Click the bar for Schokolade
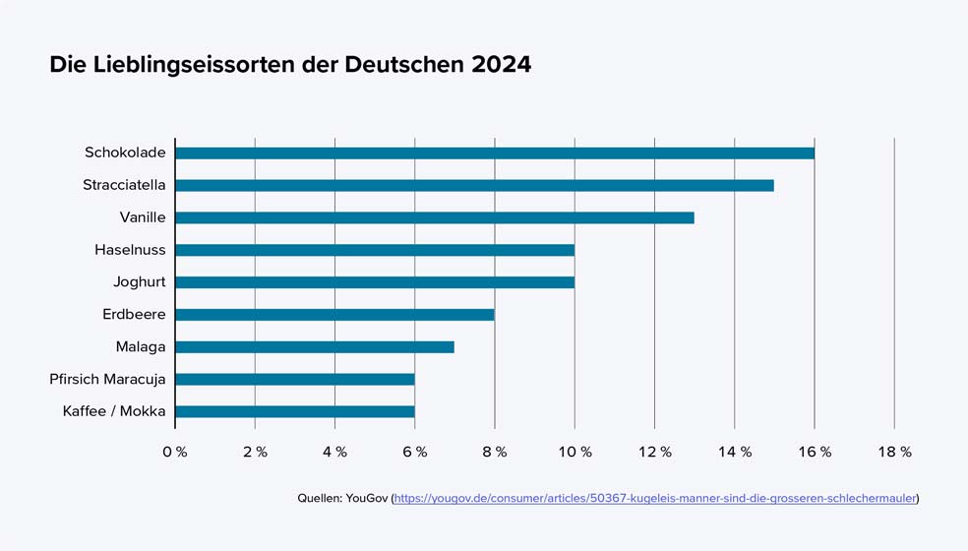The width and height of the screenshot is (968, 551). coord(495,153)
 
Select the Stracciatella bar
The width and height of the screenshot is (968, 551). coord(474,185)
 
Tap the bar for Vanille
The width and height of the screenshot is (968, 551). coord(435,217)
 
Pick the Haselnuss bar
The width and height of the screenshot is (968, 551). coord(375,250)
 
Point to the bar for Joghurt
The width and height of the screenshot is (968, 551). coord(375,282)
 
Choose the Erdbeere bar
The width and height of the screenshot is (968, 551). coord(334,315)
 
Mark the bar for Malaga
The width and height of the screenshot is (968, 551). coord(315,347)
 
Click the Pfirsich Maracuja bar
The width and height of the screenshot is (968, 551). coord(295,379)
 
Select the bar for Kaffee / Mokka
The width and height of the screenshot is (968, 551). coord(295,411)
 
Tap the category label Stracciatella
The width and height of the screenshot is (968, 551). coord(124,185)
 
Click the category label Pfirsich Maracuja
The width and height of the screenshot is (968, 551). coord(107,379)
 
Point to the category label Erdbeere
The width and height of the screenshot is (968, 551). coord(134,315)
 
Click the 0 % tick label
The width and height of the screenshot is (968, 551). coord(175,452)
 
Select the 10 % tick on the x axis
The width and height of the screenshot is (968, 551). coord(575,452)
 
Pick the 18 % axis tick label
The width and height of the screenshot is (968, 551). coord(894,452)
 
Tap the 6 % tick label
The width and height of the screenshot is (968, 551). coord(415,452)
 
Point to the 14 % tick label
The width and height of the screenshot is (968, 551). coord(735,452)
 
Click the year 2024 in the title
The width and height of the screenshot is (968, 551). coord(501,65)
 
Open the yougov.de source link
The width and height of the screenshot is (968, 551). coord(655,499)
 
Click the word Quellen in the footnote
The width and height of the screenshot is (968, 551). coord(319,499)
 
